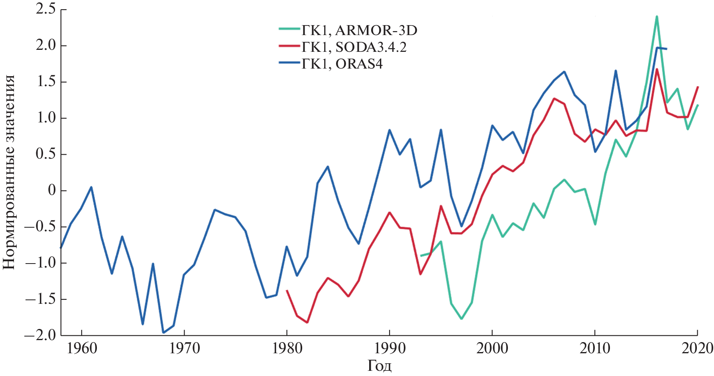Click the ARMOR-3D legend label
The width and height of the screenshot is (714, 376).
(x=359, y=30)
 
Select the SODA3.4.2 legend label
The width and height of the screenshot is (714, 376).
(x=354, y=47)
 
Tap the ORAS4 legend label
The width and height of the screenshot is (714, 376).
(x=342, y=64)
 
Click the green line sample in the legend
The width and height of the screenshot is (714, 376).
(x=289, y=29)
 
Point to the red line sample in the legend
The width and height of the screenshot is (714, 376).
(x=289, y=46)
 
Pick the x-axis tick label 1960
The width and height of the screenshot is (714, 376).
(x=82, y=348)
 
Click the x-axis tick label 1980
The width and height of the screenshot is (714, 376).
(x=287, y=348)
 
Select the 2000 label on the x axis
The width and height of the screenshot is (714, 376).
(x=492, y=348)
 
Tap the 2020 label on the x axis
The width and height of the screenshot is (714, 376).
(x=697, y=348)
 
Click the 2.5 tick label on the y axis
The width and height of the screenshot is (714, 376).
(x=45, y=9)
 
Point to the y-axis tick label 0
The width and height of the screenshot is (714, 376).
(x=52, y=191)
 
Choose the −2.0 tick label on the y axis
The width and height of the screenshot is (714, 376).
(x=40, y=335)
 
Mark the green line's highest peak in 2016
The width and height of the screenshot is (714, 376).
(x=656, y=17)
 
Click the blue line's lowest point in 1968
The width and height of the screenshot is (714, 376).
(x=163, y=332)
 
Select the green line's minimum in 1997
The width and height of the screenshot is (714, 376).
(x=461, y=319)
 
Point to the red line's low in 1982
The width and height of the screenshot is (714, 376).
(x=307, y=322)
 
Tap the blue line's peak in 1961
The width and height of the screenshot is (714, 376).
(x=92, y=187)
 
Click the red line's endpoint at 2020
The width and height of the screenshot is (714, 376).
(x=697, y=87)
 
